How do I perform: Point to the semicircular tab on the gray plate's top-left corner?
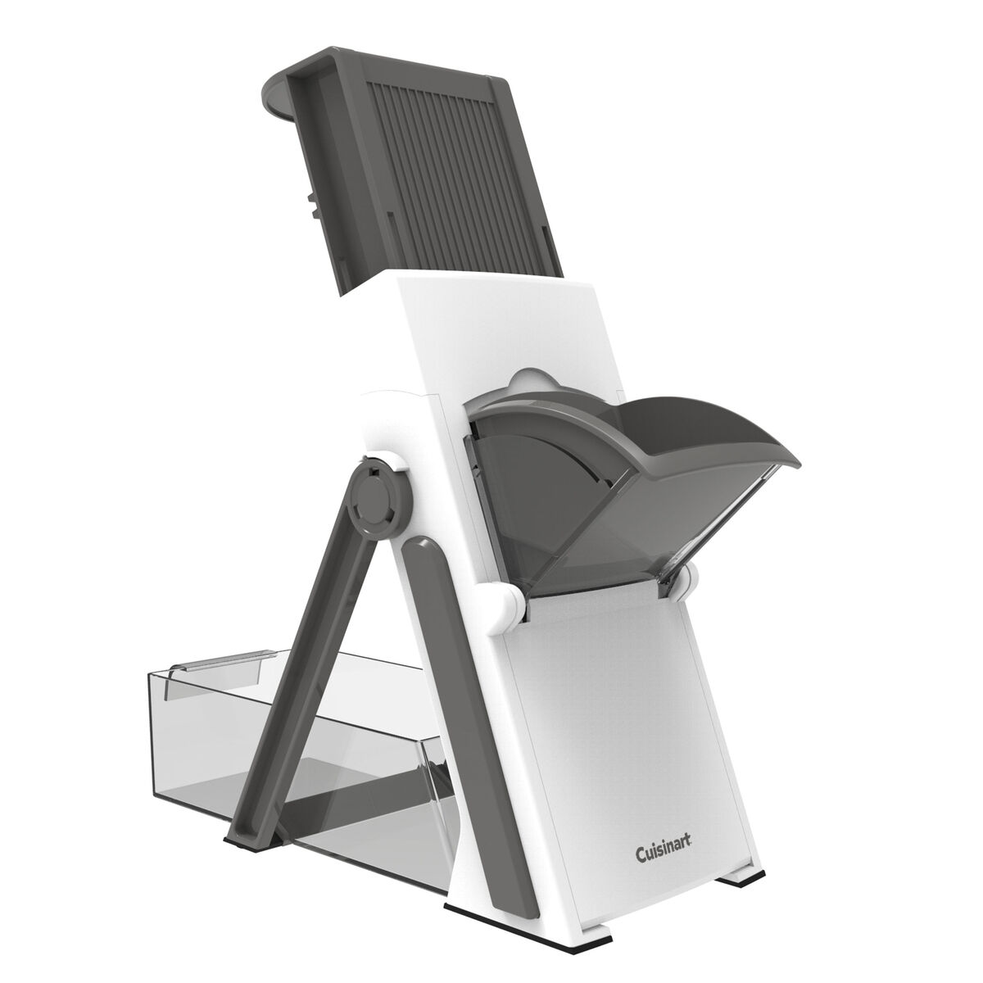283,98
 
